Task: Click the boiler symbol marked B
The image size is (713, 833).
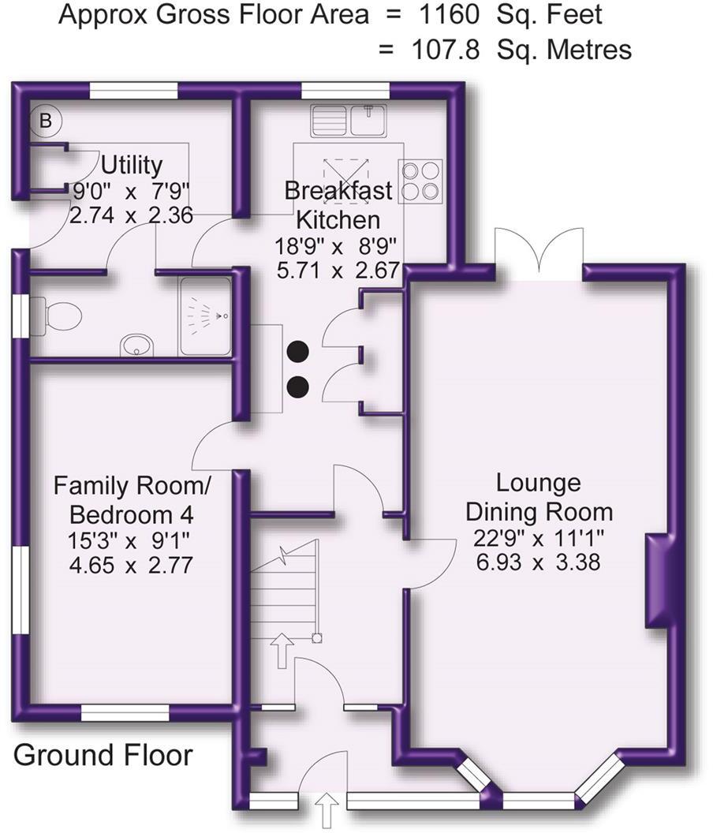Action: click(46, 121)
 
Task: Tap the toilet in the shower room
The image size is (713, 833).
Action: click(60, 316)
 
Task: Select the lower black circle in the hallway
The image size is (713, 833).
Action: click(298, 386)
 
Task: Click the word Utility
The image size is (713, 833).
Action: click(132, 166)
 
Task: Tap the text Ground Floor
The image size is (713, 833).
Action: click(103, 755)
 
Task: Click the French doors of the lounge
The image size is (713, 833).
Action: click(539, 254)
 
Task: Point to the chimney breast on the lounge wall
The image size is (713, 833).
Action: click(657, 580)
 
